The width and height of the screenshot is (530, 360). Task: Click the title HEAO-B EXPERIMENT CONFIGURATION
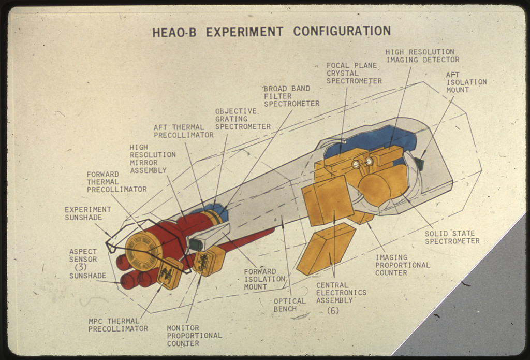coord(271,32)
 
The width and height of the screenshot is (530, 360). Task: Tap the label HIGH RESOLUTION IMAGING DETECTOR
coord(422,56)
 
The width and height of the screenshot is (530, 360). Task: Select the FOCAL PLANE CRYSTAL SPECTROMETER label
coord(354,74)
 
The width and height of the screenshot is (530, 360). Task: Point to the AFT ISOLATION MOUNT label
coord(466,82)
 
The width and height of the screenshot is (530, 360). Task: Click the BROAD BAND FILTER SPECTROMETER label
coord(291,96)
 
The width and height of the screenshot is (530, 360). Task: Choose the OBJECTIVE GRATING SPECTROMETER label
coord(242,119)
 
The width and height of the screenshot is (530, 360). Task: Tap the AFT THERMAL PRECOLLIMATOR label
coord(183,131)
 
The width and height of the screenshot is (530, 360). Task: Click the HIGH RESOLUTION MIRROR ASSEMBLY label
coord(152,159)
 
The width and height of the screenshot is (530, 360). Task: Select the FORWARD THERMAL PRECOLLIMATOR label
coord(116,182)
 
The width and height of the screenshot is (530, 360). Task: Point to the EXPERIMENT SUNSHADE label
coord(87,213)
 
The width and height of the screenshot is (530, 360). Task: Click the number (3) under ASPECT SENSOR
coord(80,267)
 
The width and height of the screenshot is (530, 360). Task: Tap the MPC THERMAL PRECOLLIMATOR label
coord(117,325)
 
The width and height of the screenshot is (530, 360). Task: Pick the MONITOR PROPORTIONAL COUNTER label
coord(194,336)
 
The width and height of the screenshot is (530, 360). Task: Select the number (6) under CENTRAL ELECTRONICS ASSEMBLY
coord(333,311)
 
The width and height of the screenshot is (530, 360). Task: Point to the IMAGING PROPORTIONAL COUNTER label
coord(402,265)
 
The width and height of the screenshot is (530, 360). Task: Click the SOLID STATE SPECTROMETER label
coord(452,237)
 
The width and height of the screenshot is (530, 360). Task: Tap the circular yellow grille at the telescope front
coord(143,251)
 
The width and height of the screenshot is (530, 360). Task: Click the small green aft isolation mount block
coord(419,164)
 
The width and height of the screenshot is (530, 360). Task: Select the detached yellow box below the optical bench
coord(325,249)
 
